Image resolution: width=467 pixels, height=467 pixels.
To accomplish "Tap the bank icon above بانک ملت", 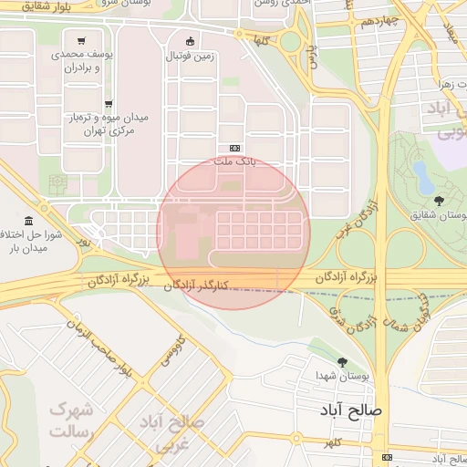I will tap(235, 148).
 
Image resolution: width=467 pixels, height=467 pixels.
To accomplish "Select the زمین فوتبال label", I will tap(190, 56).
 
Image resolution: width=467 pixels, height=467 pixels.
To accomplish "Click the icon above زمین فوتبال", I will tap(190, 41).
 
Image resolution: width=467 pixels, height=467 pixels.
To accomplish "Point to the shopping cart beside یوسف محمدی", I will tap(83, 41).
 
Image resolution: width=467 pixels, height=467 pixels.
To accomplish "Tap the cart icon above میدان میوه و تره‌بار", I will tap(109, 104).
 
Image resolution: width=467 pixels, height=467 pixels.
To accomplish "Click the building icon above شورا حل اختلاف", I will tap(30, 222).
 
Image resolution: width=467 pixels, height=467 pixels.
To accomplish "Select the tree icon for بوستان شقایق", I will tap(440, 201).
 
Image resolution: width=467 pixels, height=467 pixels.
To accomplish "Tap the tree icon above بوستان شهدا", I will tap(343, 362).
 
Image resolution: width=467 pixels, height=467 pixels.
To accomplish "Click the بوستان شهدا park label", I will tap(342, 377).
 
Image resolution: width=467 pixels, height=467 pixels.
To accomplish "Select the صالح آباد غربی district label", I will tap(173, 433).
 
